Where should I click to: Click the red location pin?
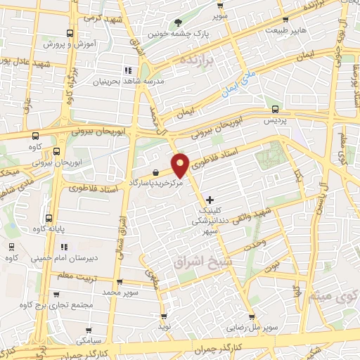[x=181, y=165]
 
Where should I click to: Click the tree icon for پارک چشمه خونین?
[x=177, y=22]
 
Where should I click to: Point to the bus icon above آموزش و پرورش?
[x=69, y=33]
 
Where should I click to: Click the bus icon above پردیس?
[x=274, y=109]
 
